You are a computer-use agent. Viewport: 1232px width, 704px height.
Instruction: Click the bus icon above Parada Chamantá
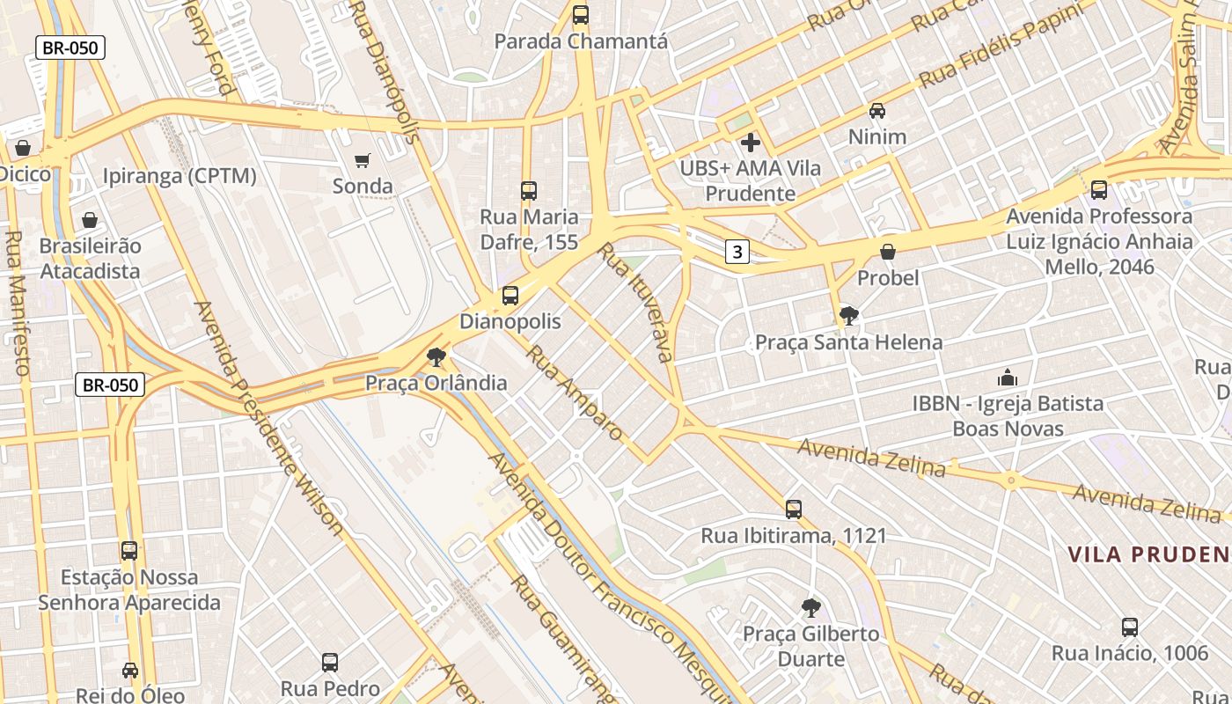(x=581, y=15)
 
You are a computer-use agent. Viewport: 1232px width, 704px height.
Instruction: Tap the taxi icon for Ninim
(x=877, y=111)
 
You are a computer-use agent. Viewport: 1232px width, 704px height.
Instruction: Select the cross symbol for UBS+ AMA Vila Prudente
(x=751, y=142)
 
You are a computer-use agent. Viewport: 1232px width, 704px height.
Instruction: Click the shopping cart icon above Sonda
(x=362, y=160)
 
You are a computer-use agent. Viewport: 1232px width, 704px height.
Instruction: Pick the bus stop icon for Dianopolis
(x=510, y=296)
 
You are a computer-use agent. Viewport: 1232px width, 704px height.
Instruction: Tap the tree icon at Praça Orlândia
(x=436, y=357)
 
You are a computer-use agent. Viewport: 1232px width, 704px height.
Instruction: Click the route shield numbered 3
(x=737, y=253)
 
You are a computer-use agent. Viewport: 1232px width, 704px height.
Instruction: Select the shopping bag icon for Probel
(x=888, y=253)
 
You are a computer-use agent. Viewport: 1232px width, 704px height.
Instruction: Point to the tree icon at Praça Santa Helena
(x=849, y=316)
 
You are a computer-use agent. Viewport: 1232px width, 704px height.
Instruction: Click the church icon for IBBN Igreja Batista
(x=1008, y=378)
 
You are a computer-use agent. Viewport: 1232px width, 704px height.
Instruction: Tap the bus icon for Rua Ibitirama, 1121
(x=794, y=510)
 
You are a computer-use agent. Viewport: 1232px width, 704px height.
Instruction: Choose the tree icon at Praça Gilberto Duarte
(x=811, y=607)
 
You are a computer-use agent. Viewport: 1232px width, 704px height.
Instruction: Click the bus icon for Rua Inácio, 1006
(x=1130, y=627)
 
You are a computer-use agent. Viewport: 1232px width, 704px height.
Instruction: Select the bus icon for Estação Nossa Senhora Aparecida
(x=129, y=551)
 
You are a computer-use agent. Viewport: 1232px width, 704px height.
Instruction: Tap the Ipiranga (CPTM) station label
(x=180, y=176)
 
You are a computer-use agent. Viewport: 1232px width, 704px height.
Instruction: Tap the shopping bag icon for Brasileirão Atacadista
(x=90, y=220)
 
